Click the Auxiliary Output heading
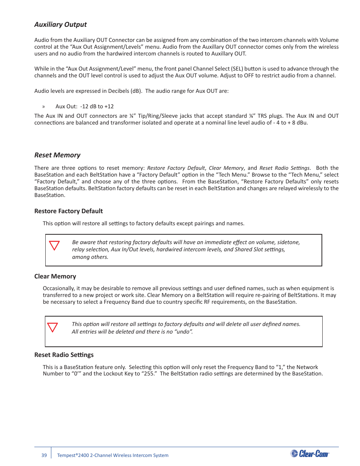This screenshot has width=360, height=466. tap(60, 25)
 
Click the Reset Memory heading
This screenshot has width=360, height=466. tap(57, 155)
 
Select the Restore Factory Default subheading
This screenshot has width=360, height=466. tap(68, 211)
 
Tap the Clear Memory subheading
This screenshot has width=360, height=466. tap(55, 276)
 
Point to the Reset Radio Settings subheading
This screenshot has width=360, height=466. tap(64, 355)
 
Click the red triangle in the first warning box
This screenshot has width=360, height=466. tap(55, 246)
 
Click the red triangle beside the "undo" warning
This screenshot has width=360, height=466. tap(52, 327)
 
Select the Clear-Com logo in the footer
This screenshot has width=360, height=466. tap(310, 454)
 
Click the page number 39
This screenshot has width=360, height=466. tap(44, 455)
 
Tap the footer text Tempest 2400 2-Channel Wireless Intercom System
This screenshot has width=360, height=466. tap(113, 455)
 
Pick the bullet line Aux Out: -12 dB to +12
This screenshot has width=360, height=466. tap(85, 106)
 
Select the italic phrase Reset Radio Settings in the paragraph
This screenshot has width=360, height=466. tap(285, 168)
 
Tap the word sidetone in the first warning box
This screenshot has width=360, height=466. tap(288, 242)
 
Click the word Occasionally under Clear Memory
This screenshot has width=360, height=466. tap(58, 288)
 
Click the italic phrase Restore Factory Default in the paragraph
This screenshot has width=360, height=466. tap(176, 168)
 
